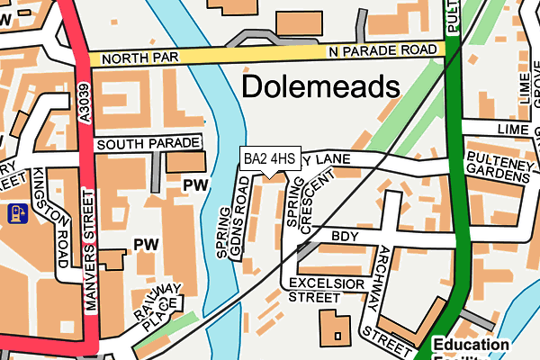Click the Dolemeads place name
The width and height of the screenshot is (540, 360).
pyautogui.click(x=320, y=87)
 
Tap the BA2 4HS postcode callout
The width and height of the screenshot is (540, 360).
pyautogui.click(x=269, y=159)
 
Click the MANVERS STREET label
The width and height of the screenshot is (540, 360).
pyautogui.click(x=90, y=249)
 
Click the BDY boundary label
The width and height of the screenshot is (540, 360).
pyautogui.click(x=345, y=236)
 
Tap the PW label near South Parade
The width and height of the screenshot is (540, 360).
pyautogui.click(x=195, y=184)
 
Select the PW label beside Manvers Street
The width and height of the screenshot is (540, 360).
pyautogui.click(x=145, y=244)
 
